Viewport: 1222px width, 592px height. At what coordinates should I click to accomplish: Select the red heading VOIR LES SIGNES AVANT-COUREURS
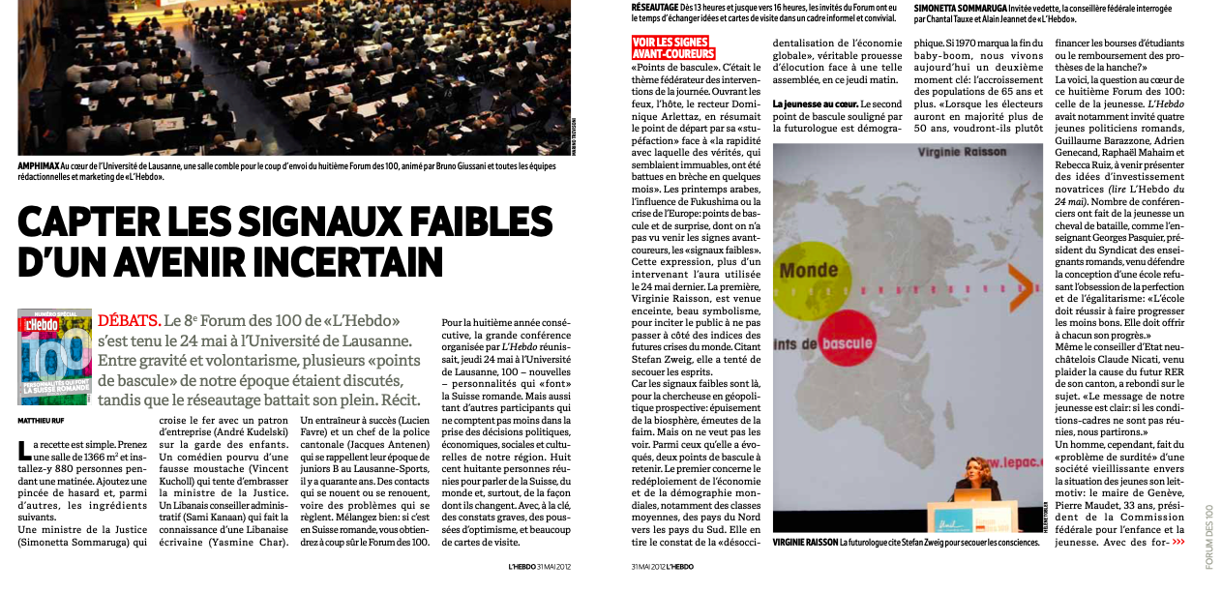[672, 48]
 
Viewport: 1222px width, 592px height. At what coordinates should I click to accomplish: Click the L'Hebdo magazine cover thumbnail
[55, 355]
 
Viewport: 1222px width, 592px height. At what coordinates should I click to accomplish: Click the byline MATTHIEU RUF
[41, 421]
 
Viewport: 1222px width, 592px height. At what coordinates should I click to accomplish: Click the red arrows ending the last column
[1177, 543]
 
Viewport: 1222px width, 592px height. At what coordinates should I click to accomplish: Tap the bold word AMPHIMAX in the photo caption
[43, 165]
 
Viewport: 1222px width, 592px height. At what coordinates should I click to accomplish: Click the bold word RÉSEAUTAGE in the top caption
[655, 7]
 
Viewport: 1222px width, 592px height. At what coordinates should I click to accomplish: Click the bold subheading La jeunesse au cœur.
[815, 104]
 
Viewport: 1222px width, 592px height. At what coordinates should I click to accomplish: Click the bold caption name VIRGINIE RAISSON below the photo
[805, 543]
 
